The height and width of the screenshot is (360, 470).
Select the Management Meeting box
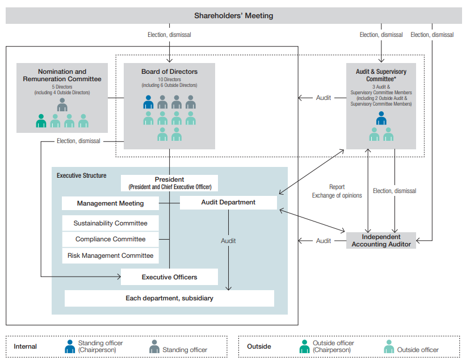pos(110,203)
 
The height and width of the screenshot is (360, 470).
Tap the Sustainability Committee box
pos(110,223)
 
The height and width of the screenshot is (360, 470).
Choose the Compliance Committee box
pos(110,239)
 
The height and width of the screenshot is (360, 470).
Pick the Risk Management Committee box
pos(110,256)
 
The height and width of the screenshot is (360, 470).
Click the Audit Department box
pos(228,202)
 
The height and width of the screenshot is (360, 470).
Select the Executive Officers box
pos(169,277)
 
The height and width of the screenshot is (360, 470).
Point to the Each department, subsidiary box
pos(169,298)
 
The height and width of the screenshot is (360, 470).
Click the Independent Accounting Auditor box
pos(381,240)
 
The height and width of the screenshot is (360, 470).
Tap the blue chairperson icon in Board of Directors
pos(148,102)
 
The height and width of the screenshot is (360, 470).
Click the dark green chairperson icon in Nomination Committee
pos(41,121)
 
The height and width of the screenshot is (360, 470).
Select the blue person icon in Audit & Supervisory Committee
pos(381,118)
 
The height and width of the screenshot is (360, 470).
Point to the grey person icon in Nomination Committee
pos(62,104)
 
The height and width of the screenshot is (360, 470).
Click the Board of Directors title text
pos(169,72)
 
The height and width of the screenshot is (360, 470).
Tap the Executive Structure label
pos(81,175)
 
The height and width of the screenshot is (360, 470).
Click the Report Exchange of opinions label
pos(337,191)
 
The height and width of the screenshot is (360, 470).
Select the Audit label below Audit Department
pos(228,241)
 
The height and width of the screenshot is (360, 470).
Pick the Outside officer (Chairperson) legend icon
pos(304,346)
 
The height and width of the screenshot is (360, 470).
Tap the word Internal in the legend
pos(26,346)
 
